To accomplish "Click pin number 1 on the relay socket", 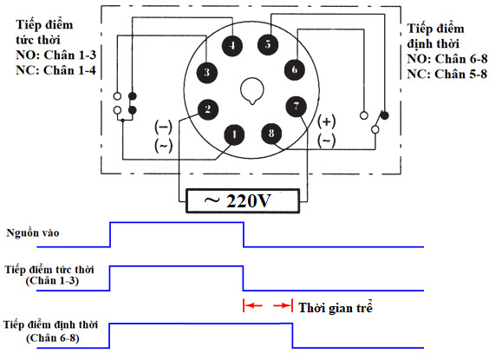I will (x=233, y=134).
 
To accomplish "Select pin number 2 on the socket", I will (x=207, y=109).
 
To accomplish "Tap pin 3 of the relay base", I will (x=207, y=72).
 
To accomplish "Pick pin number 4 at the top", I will (x=233, y=45).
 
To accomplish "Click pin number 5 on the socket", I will (x=270, y=43).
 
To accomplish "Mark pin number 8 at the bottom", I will (x=271, y=134).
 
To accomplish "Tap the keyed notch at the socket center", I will (x=252, y=89).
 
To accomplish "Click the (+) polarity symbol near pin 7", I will (x=327, y=121).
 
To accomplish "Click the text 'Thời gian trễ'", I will (x=335, y=307).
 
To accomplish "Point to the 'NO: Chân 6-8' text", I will (x=446, y=58).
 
